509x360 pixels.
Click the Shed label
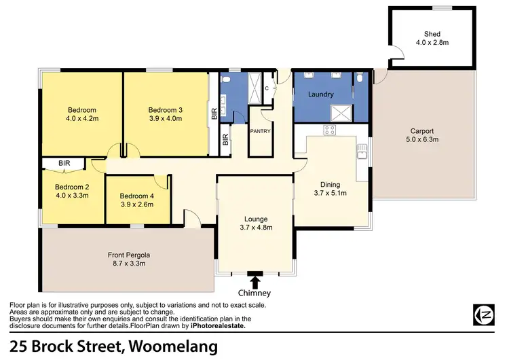coord(432,38)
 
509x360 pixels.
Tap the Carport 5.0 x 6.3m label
coord(421,136)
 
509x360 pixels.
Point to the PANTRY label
coord(261,131)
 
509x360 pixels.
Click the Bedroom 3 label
coord(165,114)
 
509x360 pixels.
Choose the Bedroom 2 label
coord(72,191)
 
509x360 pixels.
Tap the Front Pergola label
coord(128,259)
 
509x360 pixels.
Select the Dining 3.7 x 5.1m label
coord(331,189)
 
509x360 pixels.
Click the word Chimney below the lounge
coord(254,293)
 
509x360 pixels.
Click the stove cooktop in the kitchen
coord(331,130)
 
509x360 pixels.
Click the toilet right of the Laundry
coord(361,79)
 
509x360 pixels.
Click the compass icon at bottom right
coord(485,313)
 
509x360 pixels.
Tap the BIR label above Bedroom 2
coord(64,164)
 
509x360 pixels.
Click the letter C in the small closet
coord(267,88)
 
